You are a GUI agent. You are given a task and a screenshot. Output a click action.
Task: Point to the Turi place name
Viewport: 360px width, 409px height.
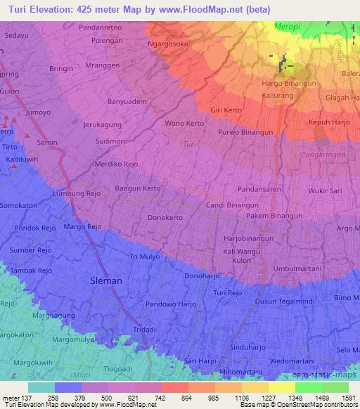189,144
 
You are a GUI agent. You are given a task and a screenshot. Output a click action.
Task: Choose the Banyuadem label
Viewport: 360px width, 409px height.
127,100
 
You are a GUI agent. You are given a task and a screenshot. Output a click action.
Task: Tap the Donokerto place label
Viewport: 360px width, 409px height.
166,218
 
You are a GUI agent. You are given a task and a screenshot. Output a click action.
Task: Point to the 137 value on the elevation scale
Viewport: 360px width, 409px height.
24,398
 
